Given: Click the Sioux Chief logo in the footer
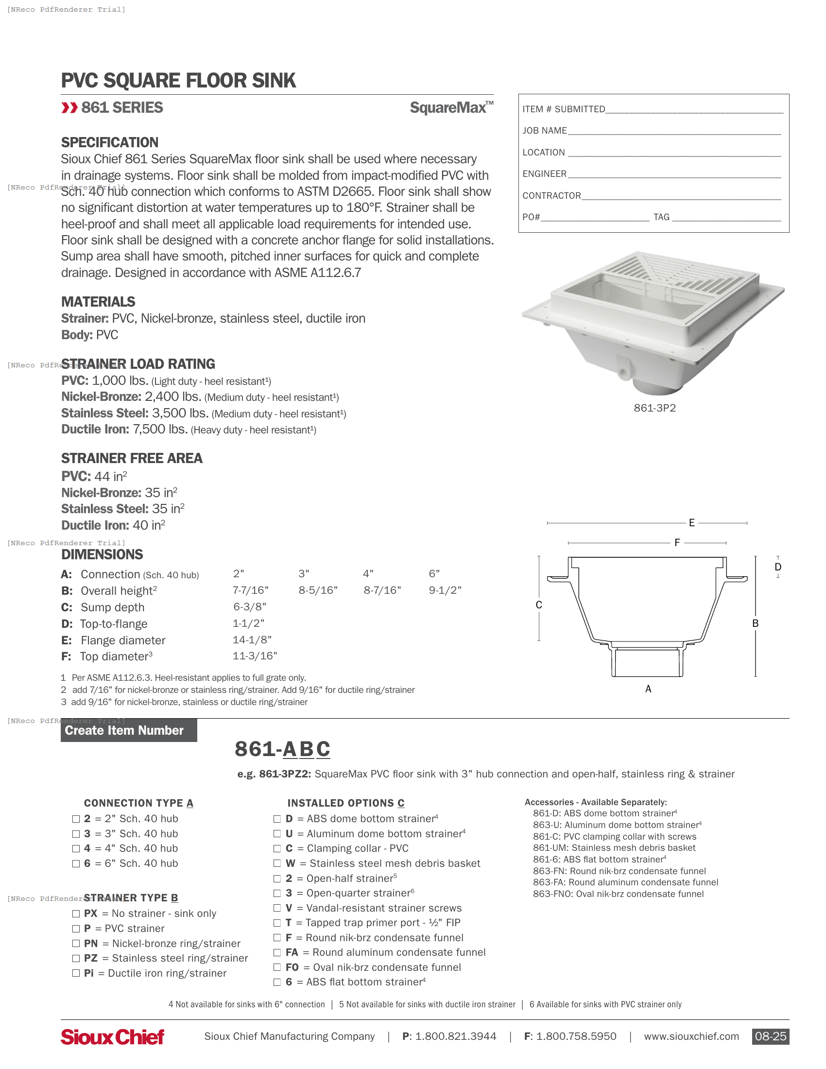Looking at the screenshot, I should click(x=112, y=1037).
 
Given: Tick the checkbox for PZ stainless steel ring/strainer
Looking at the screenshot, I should click(x=76, y=958).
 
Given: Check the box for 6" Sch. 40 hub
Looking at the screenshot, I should click(x=76, y=863).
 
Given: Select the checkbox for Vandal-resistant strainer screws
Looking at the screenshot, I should click(x=277, y=908).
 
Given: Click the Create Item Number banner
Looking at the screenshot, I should click(x=129, y=730).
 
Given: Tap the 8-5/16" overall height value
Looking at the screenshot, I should click(x=318, y=590).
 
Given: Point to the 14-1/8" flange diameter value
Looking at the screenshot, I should click(x=252, y=640).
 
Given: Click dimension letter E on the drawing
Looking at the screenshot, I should click(x=691, y=523).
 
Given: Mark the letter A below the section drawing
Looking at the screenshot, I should click(x=648, y=689).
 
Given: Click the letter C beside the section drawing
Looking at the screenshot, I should click(x=539, y=605).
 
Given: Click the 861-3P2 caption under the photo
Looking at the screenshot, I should click(x=654, y=408).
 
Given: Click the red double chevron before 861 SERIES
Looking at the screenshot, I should click(x=69, y=108).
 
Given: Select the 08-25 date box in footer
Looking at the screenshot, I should click(x=770, y=1036).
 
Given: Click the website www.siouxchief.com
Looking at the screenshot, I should click(x=691, y=1036).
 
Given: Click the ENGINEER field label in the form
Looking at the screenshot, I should click(x=544, y=174).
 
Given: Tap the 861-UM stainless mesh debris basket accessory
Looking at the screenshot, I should click(x=614, y=848).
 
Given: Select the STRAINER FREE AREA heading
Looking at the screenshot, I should click(x=132, y=458).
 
